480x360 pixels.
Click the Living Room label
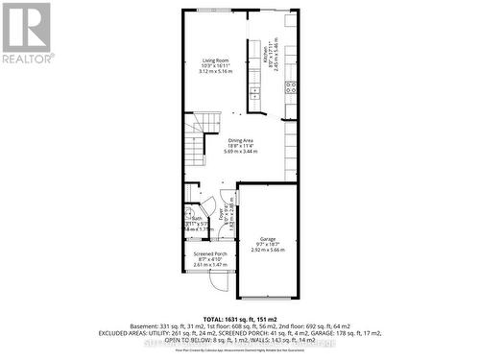pyautogui.click(x=215, y=60)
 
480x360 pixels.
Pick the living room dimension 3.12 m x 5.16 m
pyautogui.click(x=215, y=72)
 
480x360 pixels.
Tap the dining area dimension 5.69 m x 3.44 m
pyautogui.click(x=240, y=152)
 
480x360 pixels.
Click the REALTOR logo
pyautogui.click(x=26, y=34)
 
